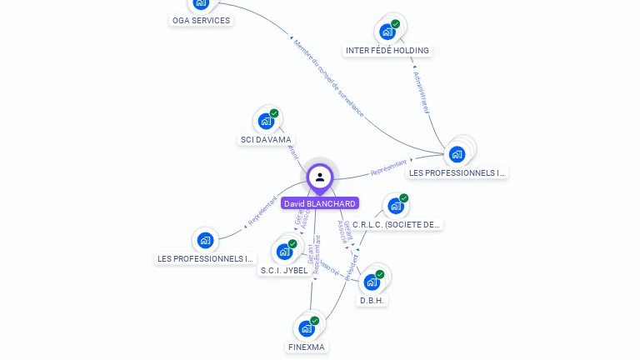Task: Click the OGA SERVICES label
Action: (201, 20)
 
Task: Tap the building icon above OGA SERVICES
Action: (201, 3)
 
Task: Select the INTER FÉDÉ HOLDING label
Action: (387, 50)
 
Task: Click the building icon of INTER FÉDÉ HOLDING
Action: (387, 32)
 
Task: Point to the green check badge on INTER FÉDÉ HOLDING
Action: (395, 24)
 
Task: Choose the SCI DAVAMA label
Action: (266, 140)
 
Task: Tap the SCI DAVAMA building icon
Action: (266, 122)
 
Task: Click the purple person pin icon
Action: (320, 177)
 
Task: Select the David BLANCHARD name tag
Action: (320, 203)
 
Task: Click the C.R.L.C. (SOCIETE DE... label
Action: (397, 225)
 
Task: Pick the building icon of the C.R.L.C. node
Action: (395, 206)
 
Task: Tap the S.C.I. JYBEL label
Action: (284, 270)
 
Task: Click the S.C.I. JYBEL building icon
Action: (284, 251)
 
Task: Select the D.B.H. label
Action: (372, 300)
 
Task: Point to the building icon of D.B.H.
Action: (372, 282)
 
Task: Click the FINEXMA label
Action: (307, 347)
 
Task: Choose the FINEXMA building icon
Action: (306, 328)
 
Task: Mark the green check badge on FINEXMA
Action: (314, 320)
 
